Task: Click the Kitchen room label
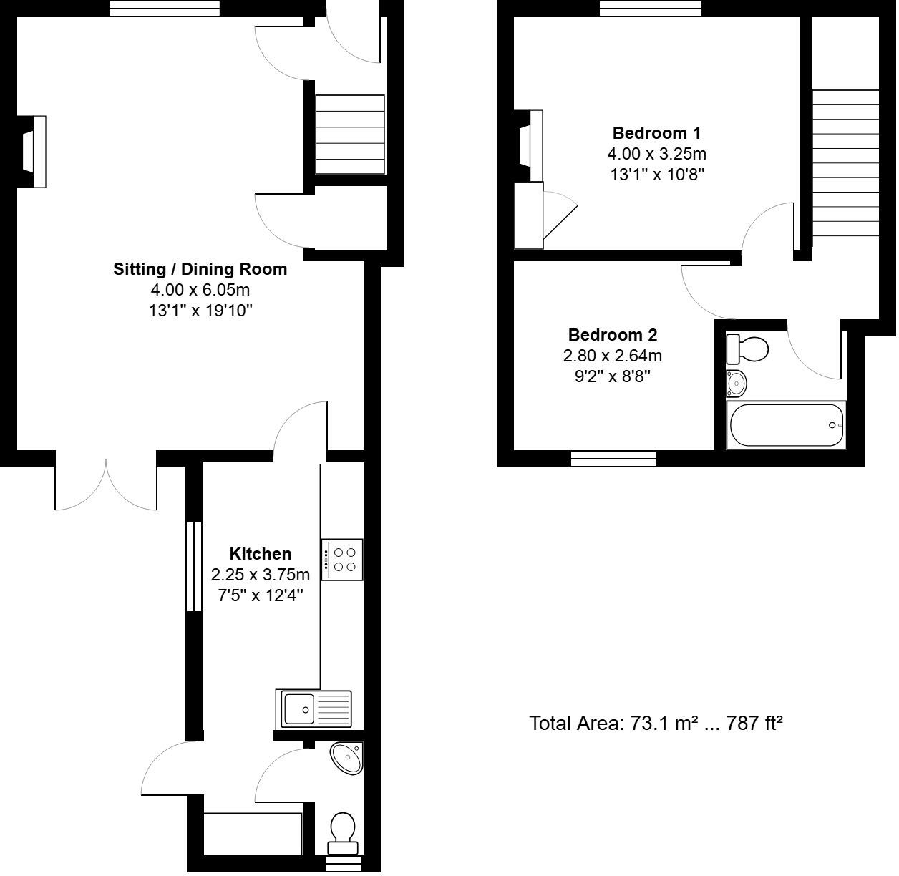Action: [x=260, y=554]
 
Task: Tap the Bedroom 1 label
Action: [x=656, y=133]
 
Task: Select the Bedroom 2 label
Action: [x=612, y=335]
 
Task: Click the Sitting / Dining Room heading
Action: [x=200, y=270]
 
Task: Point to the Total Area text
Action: [x=655, y=724]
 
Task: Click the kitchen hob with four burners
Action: [x=342, y=559]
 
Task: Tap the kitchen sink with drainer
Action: [x=314, y=709]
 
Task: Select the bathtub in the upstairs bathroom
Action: [x=785, y=425]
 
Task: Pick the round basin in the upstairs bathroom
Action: [x=736, y=384]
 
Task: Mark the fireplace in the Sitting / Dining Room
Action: [x=32, y=152]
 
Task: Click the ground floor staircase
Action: [x=350, y=135]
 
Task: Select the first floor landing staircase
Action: [x=845, y=163]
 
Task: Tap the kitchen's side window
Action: [x=193, y=567]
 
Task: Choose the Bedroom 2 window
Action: [x=613, y=458]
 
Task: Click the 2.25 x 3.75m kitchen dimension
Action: [x=260, y=575]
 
